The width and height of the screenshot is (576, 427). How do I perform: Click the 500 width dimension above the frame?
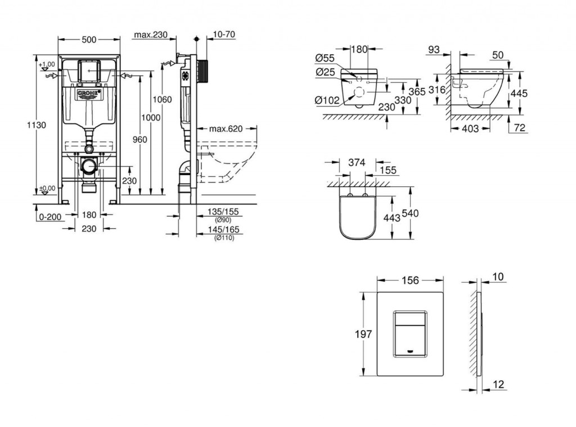(89, 39)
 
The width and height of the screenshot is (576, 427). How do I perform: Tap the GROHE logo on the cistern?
(89, 92)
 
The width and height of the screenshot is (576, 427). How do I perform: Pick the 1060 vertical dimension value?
(163, 100)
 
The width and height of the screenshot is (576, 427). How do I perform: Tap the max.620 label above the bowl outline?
(226, 128)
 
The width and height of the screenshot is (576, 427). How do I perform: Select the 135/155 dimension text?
(223, 212)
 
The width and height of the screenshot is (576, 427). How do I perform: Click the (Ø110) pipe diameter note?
(224, 238)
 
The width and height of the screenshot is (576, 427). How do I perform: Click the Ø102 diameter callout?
(327, 100)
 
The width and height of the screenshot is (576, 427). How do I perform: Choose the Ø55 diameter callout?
(325, 58)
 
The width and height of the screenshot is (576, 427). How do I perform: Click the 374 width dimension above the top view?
(357, 162)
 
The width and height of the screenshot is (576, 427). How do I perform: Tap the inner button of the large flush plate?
(409, 334)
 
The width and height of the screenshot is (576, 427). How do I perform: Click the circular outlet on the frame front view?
(88, 167)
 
